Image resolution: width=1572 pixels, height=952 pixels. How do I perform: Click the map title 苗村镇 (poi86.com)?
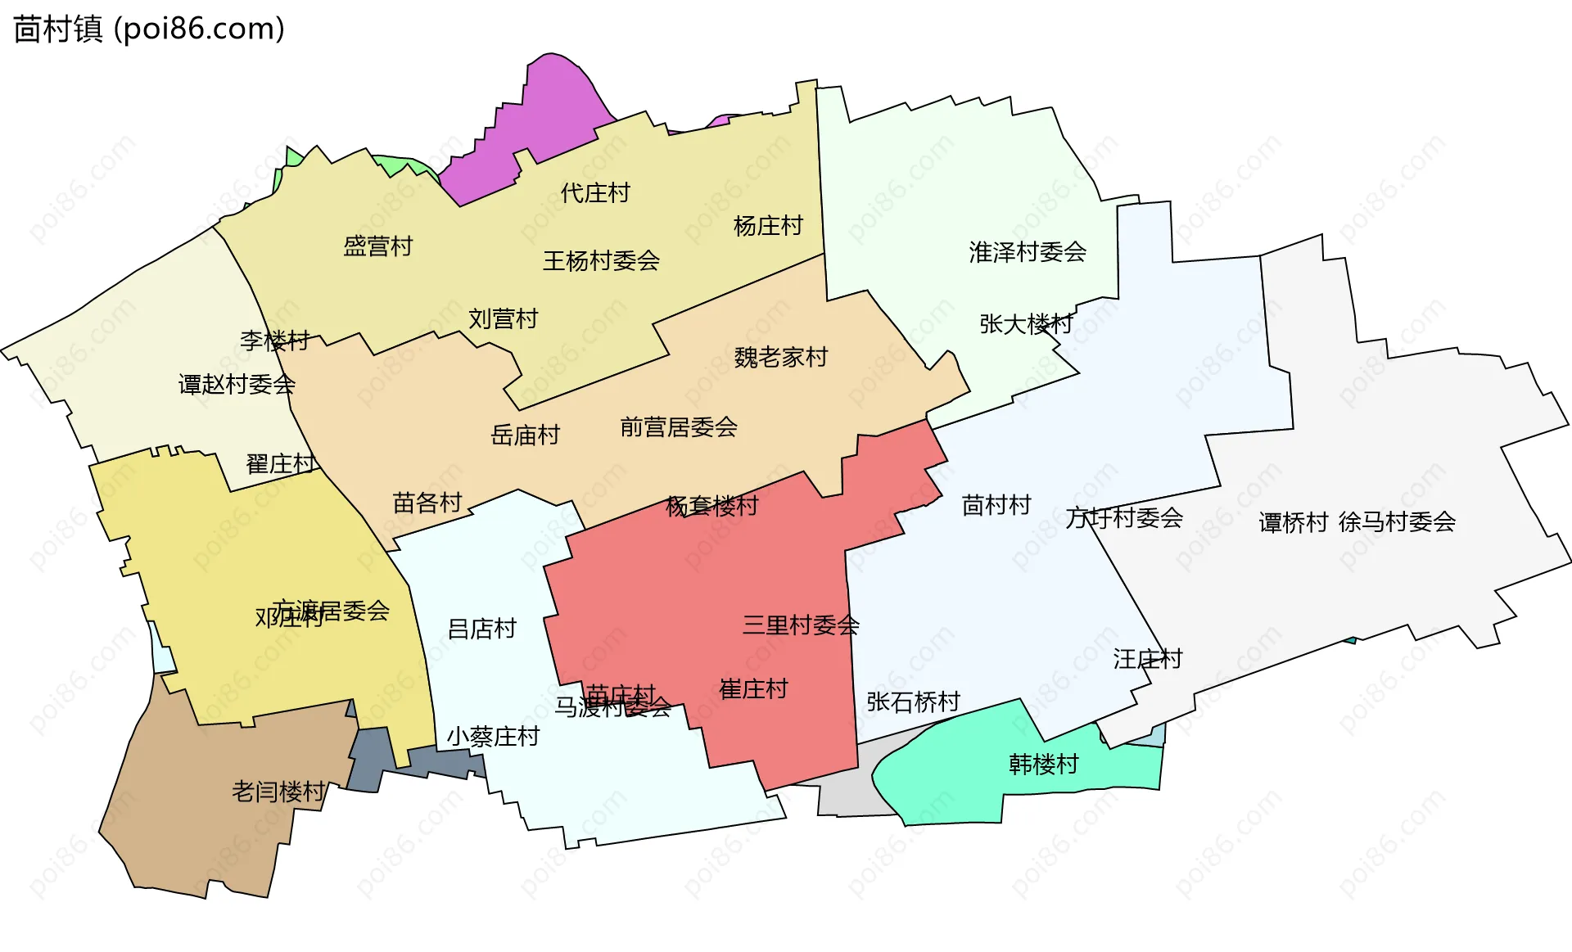pos(149,29)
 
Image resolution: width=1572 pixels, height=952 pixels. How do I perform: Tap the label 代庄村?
pos(595,193)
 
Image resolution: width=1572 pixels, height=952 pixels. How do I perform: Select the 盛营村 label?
pos(377,246)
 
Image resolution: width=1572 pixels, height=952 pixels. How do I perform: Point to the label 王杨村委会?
pos(601,261)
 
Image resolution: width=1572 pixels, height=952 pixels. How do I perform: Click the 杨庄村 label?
pos(768,226)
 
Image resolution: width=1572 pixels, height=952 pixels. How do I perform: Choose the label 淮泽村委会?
pos(1028,252)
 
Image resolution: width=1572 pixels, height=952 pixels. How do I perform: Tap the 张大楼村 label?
pos(1026,324)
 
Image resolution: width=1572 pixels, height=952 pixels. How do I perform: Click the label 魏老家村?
pos(780,358)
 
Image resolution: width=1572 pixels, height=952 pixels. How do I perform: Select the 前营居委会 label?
pos(679,427)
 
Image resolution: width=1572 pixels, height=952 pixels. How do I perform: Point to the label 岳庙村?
pos(525,435)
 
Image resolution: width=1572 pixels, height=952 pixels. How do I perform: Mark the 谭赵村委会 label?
pos(237,385)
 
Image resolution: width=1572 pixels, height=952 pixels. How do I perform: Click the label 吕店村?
pos(482,629)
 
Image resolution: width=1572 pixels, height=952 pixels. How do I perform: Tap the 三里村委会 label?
pos(801,626)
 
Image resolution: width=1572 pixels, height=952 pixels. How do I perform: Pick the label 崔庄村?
pos(753,689)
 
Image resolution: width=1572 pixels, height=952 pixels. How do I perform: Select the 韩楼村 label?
pos(1044,765)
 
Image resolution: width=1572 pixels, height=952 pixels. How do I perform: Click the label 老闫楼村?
pos(278,792)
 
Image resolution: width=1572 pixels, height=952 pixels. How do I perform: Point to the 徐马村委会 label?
pos(1397,522)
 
